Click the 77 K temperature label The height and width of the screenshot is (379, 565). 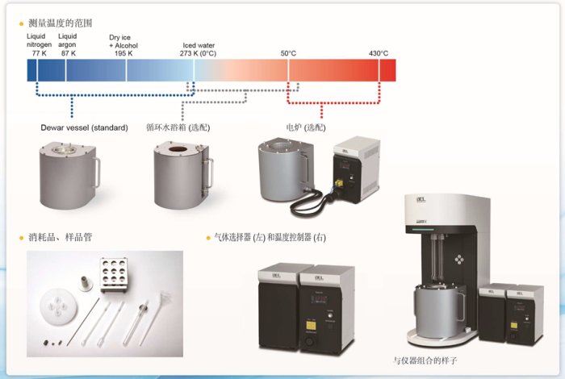[39, 53]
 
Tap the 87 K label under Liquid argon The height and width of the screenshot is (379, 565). [68, 53]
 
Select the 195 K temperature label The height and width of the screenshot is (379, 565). [123, 53]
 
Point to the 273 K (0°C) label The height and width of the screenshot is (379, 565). [198, 54]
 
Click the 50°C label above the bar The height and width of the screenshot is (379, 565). [288, 53]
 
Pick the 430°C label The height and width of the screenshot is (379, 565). [379, 53]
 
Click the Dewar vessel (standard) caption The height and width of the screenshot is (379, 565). [84, 127]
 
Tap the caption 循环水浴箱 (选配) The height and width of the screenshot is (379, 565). [178, 127]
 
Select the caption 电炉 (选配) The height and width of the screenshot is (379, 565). [306, 127]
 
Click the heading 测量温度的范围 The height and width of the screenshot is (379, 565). [61, 23]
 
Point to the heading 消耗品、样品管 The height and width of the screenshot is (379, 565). [61, 237]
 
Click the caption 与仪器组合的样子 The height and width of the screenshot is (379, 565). [425, 360]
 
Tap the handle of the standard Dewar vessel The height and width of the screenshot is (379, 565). [96, 173]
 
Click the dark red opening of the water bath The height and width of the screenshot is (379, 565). [178, 149]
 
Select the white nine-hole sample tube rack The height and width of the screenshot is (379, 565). [113, 274]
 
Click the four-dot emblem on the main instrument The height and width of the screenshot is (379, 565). [458, 259]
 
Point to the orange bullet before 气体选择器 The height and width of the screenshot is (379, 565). [208, 238]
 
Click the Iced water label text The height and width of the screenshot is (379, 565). [199, 45]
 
